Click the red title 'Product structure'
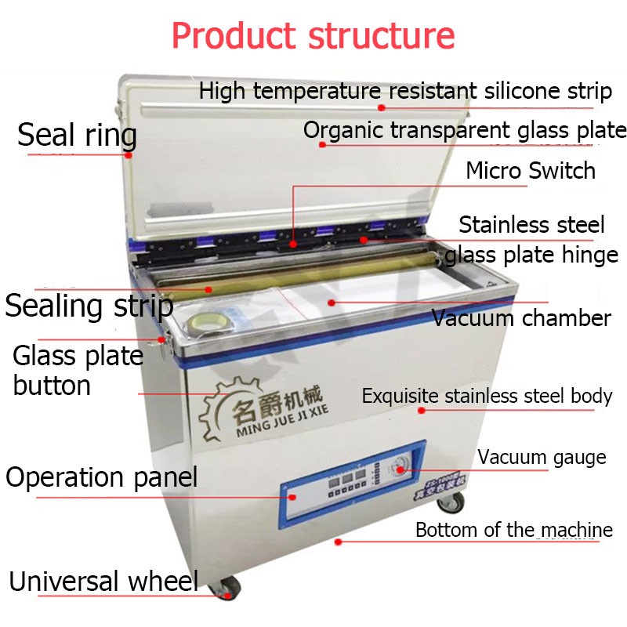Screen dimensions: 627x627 pyautogui.click(x=313, y=36)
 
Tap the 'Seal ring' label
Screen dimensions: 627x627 pyautogui.click(x=77, y=135)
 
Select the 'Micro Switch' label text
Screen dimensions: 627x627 pyautogui.click(x=531, y=170)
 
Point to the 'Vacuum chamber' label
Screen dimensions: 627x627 pyautogui.click(x=521, y=318)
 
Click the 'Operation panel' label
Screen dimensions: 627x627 pyautogui.click(x=102, y=477)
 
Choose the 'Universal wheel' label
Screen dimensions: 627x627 pyautogui.click(x=103, y=582)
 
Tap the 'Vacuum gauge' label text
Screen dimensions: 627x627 pyautogui.click(x=542, y=457)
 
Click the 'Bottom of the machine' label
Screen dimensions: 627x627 pyautogui.click(x=513, y=530)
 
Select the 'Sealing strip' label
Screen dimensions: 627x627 pyautogui.click(x=89, y=305)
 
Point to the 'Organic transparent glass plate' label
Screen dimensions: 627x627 pyautogui.click(x=465, y=130)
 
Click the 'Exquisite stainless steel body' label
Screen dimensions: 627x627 pyautogui.click(x=487, y=396)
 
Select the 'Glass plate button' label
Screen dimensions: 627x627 pyautogui.click(x=78, y=370)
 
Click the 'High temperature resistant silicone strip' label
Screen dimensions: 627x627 pyautogui.click(x=404, y=91)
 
